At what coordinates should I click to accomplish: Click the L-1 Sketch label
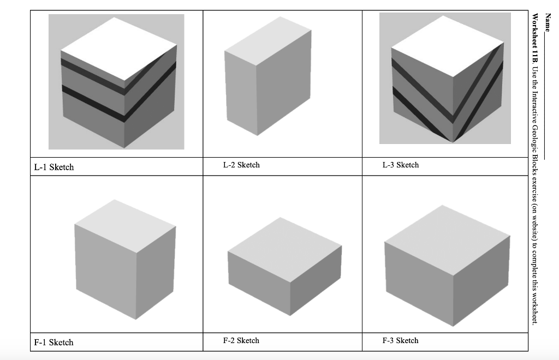coord(54,167)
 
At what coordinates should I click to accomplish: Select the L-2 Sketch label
coord(241,165)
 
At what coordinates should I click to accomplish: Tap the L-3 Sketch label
coord(400,165)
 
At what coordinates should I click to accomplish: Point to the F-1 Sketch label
coord(53,343)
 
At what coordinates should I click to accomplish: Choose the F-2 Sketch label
coord(241,340)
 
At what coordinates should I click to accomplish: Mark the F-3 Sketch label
coord(400,340)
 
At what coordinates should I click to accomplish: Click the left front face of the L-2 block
coord(240,93)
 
